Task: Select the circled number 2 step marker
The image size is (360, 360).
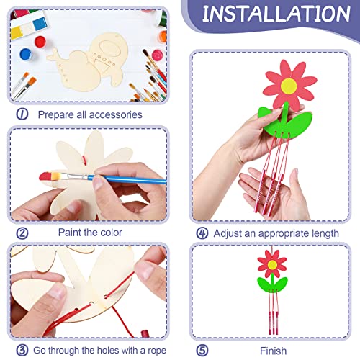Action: point(22,233)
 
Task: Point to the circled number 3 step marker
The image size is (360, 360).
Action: point(22,351)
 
